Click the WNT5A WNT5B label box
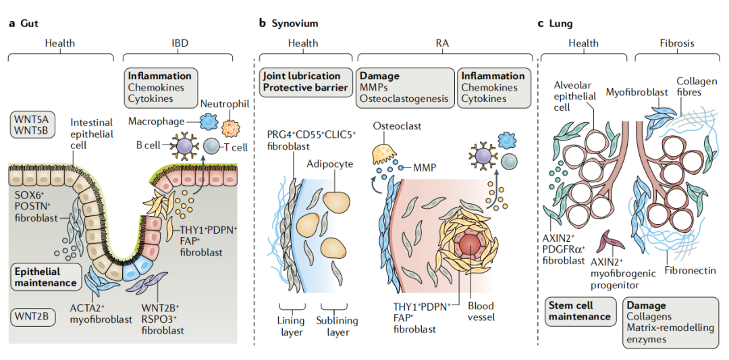(x=33, y=124)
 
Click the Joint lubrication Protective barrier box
(x=307, y=82)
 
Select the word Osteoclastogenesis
(x=404, y=99)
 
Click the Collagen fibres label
(x=697, y=87)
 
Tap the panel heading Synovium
(x=295, y=24)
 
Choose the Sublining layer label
(x=337, y=326)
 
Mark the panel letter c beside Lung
(x=541, y=24)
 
